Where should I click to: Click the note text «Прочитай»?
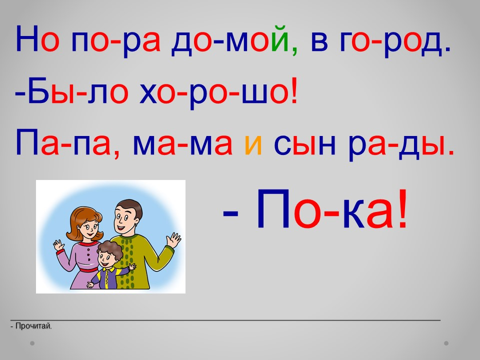tap(33, 326)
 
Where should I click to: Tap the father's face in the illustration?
tap(125, 219)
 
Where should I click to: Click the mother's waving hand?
tap(59, 245)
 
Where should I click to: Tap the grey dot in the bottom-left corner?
tap(32, 343)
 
